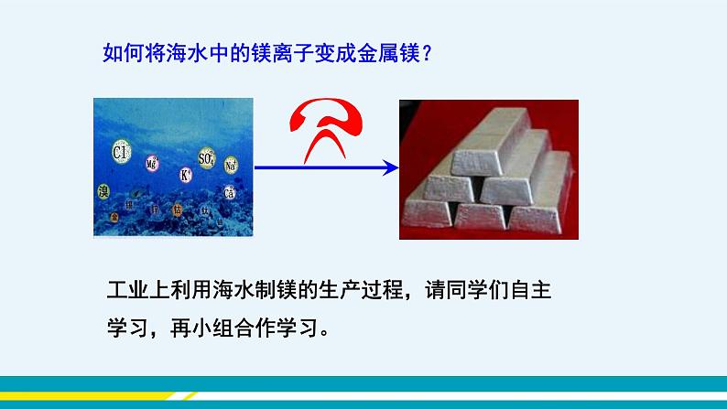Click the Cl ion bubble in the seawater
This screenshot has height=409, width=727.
(x=120, y=152)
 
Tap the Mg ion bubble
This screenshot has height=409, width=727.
(x=152, y=163)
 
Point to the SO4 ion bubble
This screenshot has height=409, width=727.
(x=206, y=158)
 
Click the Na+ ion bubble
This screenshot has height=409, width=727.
(x=231, y=166)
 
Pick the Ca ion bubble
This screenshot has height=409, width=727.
(x=229, y=193)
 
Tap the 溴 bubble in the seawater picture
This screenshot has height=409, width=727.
(x=103, y=191)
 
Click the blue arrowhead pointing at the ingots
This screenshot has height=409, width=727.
(x=391, y=167)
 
